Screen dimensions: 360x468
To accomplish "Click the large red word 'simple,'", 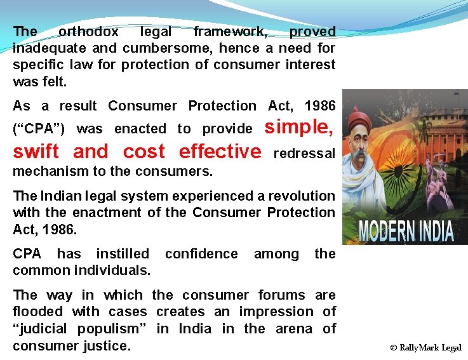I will (299, 127).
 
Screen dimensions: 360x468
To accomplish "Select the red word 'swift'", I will (36, 152).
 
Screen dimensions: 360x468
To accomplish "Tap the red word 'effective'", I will (220, 152).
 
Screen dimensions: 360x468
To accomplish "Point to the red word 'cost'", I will (144, 152).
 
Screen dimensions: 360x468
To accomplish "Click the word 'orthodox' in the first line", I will (88, 31).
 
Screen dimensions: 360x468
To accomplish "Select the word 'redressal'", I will (304, 154).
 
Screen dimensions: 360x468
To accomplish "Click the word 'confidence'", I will (201, 254).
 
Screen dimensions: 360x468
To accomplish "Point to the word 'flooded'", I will (38, 312).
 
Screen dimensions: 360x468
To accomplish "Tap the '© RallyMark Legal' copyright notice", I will (425, 348).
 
